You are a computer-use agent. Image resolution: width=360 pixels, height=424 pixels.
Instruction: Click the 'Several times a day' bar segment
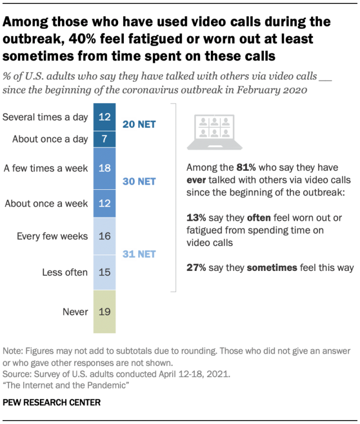(x=103, y=117)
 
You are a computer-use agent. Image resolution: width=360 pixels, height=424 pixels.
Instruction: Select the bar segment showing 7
(x=103, y=139)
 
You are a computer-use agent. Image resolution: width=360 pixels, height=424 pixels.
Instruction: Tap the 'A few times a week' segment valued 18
(x=103, y=167)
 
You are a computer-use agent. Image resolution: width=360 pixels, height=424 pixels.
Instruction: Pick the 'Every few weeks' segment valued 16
(x=103, y=236)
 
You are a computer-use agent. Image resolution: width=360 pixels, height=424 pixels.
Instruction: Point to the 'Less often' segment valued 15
(x=103, y=273)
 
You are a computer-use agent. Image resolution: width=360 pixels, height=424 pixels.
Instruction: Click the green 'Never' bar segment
(x=103, y=311)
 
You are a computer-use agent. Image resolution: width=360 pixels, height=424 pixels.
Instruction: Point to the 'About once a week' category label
(x=46, y=203)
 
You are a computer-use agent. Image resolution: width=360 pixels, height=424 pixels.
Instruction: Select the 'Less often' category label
(x=65, y=273)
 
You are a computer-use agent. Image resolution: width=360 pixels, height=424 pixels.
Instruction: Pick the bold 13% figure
(x=195, y=217)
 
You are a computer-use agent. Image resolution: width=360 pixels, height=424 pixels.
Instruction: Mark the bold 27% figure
(x=195, y=268)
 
